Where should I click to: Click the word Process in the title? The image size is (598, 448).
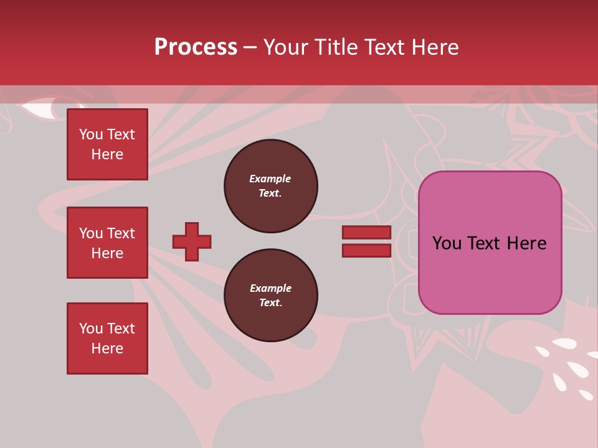[196, 47]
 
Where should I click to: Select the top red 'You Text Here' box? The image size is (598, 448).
[107, 144]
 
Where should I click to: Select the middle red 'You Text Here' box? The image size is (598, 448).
[107, 243]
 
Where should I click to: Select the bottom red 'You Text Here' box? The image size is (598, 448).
[107, 338]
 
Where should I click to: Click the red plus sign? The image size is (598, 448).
[192, 241]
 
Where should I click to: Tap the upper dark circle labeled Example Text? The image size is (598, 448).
[271, 186]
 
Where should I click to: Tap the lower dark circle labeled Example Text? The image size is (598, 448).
[271, 296]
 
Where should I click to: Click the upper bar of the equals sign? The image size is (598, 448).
[366, 233]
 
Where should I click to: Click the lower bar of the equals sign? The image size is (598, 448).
[366, 250]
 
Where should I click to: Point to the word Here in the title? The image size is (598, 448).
[436, 47]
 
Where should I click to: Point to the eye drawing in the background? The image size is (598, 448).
[45, 108]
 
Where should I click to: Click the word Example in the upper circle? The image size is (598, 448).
[270, 179]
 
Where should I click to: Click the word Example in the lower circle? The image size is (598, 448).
[270, 288]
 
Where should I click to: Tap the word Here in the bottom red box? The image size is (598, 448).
[107, 348]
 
